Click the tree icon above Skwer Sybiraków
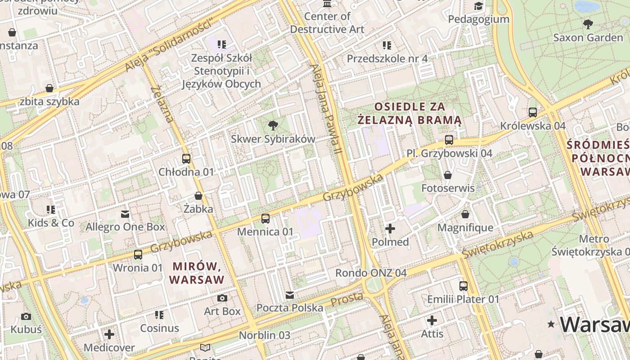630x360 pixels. pos(273,125)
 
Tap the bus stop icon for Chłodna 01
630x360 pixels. pos(186,158)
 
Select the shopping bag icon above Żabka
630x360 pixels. pos(198,196)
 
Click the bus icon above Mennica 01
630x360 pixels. pos(265,219)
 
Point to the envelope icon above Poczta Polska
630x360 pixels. pos(290,295)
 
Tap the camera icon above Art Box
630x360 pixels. pos(222,298)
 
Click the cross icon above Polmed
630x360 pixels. pos(390,229)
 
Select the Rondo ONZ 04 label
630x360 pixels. pos(371,273)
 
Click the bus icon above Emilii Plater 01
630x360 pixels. pos(463,286)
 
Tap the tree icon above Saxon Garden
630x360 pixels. pos(588,24)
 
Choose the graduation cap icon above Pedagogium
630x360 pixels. pos(478,6)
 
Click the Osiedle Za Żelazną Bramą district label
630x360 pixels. pos(409,113)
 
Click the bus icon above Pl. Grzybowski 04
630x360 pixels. pos(449,139)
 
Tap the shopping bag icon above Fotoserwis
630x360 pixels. pos(448,175)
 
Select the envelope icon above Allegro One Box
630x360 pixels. pos(125,214)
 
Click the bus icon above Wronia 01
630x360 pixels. pos(138,254)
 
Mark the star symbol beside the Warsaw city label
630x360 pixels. pos(551,324)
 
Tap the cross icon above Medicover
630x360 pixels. pos(109,334)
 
